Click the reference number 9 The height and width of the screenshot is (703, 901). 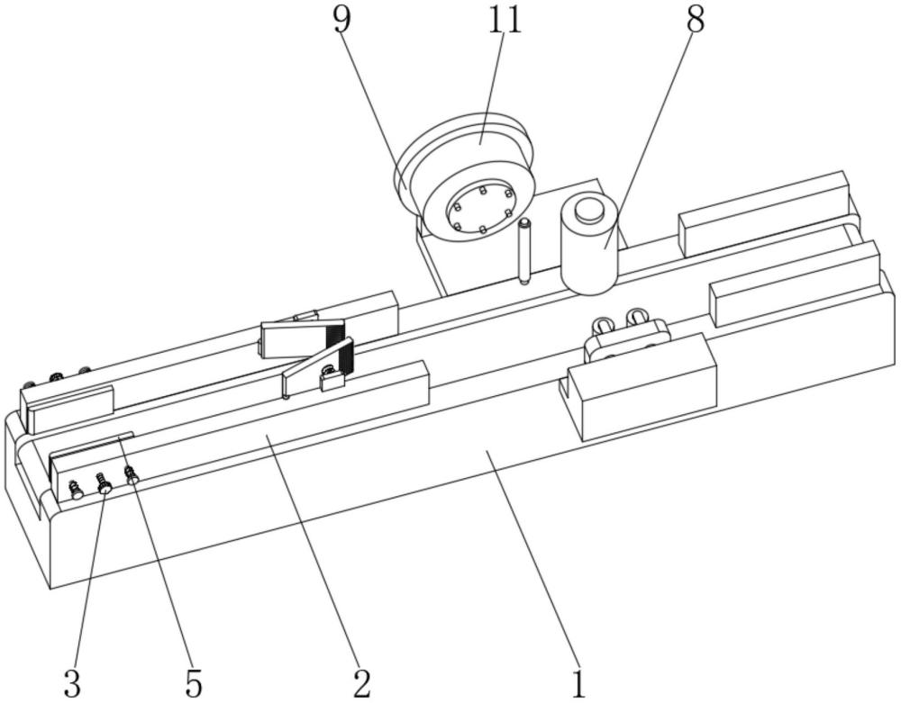341,22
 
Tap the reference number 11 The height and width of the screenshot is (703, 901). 505,22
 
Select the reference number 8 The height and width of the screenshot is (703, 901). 695,22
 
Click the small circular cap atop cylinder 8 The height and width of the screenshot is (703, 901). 589,210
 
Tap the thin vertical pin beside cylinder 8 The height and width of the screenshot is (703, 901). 524,251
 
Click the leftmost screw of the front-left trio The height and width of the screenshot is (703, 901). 76,490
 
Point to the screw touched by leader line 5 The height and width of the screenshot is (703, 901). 132,474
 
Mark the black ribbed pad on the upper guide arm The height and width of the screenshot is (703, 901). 334,335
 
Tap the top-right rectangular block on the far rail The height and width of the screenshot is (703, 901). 764,213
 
